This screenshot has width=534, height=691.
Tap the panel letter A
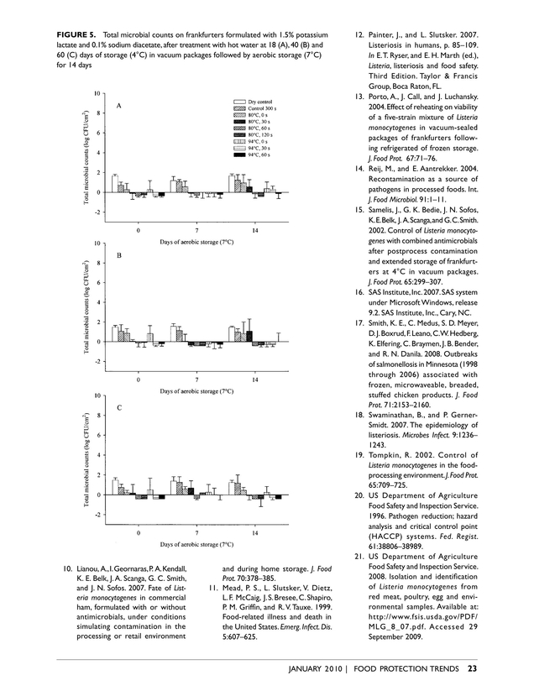(119, 107)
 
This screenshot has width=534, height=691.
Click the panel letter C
(119, 407)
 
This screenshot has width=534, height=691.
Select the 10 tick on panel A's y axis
(98, 92)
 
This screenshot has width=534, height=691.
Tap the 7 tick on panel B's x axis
(196, 380)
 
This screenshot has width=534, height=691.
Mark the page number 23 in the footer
(472, 668)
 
